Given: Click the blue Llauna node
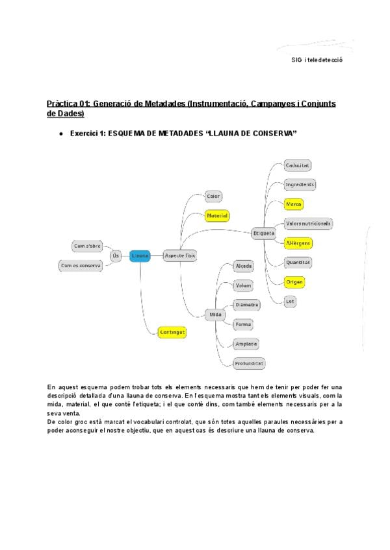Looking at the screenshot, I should pos(140,256).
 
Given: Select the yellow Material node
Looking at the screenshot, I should pos(216,215).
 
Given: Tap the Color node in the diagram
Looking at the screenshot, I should pos(213,196).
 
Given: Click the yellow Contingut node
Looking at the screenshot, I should pos(172,332).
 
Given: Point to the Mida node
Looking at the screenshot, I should pos(214,315).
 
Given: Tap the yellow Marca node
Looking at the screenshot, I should pos(294,204).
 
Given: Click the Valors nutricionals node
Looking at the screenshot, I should pos(309,223).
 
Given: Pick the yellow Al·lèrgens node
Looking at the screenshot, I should pos(299,243).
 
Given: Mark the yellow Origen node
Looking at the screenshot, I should pos(295,282).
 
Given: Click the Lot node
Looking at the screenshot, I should pos(291,301).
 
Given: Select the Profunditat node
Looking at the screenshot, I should pos(250,363).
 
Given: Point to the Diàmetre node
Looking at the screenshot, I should pos(247,304).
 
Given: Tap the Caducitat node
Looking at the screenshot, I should pos(297,165).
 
